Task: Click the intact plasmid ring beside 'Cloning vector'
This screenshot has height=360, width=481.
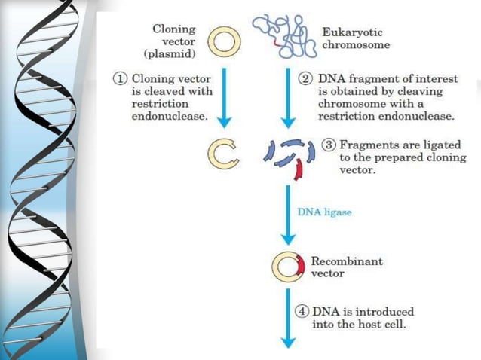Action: coord(223,42)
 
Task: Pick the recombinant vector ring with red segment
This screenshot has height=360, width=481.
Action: coord(289,267)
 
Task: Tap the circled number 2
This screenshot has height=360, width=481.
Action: coord(308,79)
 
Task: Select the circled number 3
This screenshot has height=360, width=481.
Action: coord(329,145)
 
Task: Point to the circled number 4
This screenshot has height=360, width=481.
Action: coord(301,311)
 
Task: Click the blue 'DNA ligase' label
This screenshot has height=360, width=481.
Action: coord(323,212)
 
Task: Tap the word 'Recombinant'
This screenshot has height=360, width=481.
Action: coord(347,261)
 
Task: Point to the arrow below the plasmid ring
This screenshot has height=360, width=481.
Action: coord(223,98)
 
